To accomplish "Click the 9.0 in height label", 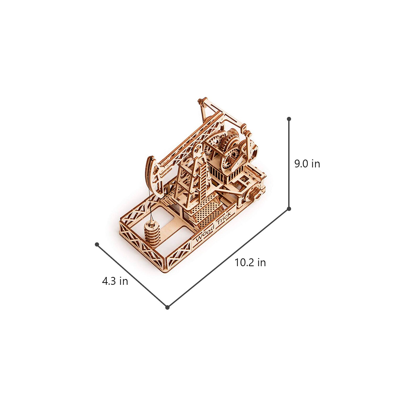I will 307,164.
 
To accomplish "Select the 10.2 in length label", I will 250,263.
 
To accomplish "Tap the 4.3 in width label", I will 115,281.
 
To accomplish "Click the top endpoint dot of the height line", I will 289,119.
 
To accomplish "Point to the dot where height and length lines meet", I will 289,209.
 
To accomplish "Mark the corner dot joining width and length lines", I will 167,307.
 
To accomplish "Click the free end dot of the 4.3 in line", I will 97,244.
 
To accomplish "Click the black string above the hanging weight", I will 150,202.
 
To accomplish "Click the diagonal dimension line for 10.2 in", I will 228,258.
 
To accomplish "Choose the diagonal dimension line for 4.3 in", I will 132,276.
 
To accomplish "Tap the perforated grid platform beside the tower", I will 207,212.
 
